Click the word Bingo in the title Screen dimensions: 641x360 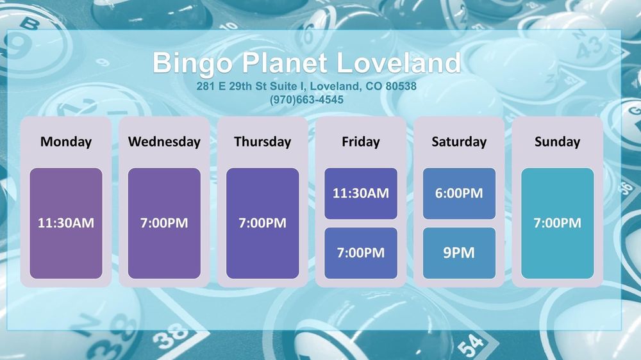coord(192,64)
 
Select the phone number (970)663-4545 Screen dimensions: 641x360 coord(306,100)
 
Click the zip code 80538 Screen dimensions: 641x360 coord(401,86)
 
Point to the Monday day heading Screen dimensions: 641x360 coord(66,142)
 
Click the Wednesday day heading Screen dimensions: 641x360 coord(164,142)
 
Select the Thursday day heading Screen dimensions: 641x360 coord(262,142)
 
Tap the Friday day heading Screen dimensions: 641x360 coord(361,142)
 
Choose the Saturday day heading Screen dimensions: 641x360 coord(459,142)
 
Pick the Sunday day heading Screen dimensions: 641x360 coord(558,142)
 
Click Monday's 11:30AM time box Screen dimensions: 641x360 coord(66,223)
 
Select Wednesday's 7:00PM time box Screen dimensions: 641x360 coord(164,223)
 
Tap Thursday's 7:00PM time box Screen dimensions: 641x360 coord(262,223)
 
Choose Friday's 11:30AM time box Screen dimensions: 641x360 coord(361,193)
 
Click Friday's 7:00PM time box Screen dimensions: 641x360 coord(361,253)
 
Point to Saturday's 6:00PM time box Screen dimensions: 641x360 coord(459,193)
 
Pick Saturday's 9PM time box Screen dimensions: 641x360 coord(459,253)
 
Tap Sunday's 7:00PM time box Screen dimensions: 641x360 coord(558,223)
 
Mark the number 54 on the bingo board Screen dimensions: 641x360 coord(470,345)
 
